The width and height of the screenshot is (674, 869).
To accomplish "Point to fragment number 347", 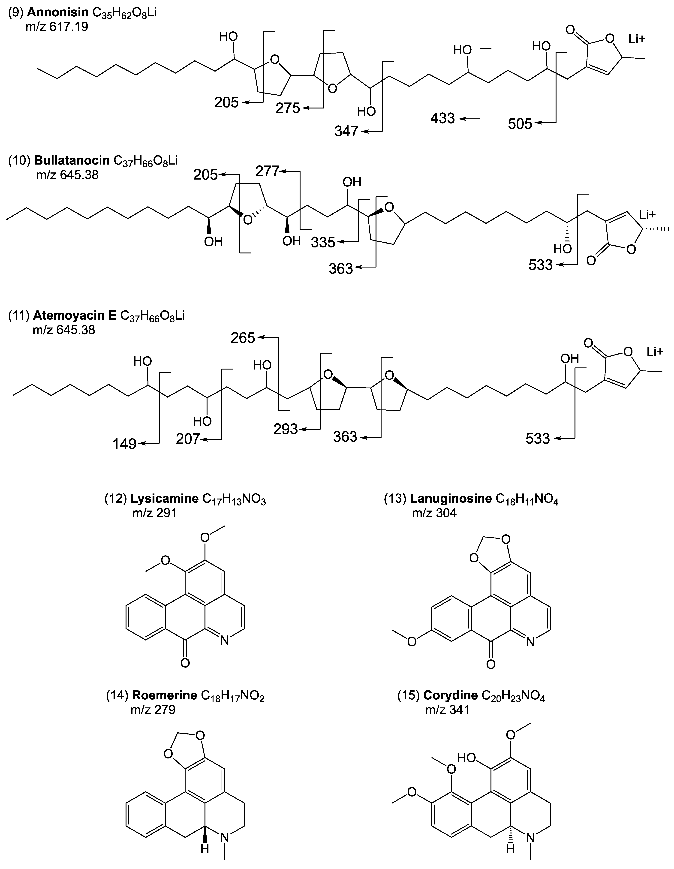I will pyautogui.click(x=346, y=131).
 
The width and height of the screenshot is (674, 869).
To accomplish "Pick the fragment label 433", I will pyautogui.click(x=442, y=118).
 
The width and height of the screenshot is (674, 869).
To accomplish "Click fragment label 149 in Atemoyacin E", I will pyautogui.click(x=125, y=444).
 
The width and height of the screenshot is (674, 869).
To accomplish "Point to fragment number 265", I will pyautogui.click(x=243, y=338).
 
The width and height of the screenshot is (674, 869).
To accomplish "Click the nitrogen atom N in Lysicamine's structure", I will pyautogui.click(x=224, y=640).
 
